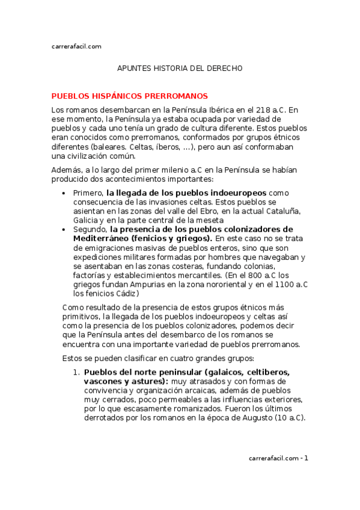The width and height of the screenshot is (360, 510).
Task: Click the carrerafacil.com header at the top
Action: (x=76, y=46)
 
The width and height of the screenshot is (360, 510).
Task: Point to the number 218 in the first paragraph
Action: (x=263, y=110)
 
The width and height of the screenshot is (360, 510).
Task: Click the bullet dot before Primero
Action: (x=64, y=193)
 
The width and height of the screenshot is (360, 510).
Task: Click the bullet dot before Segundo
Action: (x=64, y=229)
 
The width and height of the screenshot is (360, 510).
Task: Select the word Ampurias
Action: (x=135, y=284)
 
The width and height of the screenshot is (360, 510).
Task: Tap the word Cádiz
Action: (x=126, y=293)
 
